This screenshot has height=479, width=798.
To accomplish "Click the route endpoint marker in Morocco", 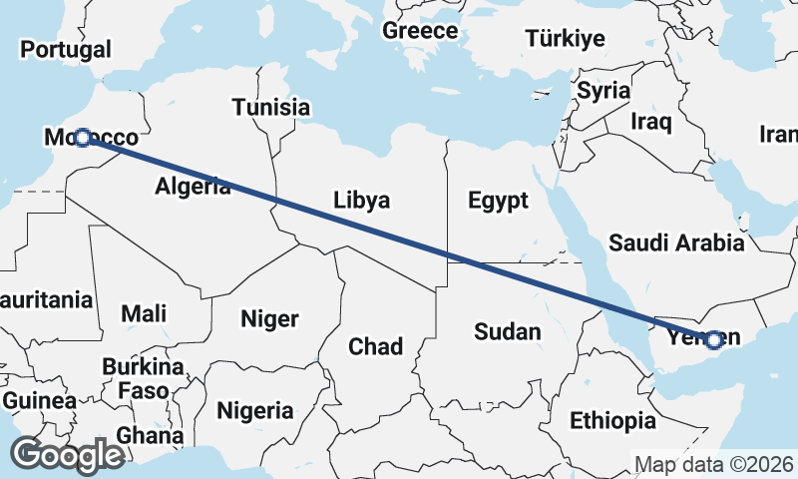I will (83, 137).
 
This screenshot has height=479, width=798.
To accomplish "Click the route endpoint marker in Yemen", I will (713, 340).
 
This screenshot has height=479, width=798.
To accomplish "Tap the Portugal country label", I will (66, 49).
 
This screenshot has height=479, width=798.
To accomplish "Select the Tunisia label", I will (271, 107).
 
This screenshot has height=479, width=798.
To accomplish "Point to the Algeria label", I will (194, 186).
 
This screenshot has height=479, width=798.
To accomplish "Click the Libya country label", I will (361, 200).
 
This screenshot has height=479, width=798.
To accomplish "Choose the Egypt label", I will (498, 201).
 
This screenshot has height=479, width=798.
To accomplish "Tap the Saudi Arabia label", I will (676, 241).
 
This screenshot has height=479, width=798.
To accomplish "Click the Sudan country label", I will (508, 331).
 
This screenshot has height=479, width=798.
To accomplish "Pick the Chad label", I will (375, 346).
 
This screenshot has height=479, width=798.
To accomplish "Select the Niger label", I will (269, 319).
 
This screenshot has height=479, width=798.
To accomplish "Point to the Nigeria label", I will (255, 410).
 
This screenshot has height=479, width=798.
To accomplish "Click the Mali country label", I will (144, 313).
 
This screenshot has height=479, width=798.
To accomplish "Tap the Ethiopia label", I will (612, 420).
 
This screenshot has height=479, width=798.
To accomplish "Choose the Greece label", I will (420, 31).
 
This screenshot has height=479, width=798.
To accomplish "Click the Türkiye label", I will (566, 39).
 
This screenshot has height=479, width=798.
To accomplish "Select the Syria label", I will (603, 91).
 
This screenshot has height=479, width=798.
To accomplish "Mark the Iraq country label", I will (651, 123).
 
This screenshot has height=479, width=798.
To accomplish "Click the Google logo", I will (67, 455).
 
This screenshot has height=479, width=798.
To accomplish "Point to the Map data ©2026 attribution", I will (714, 464).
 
